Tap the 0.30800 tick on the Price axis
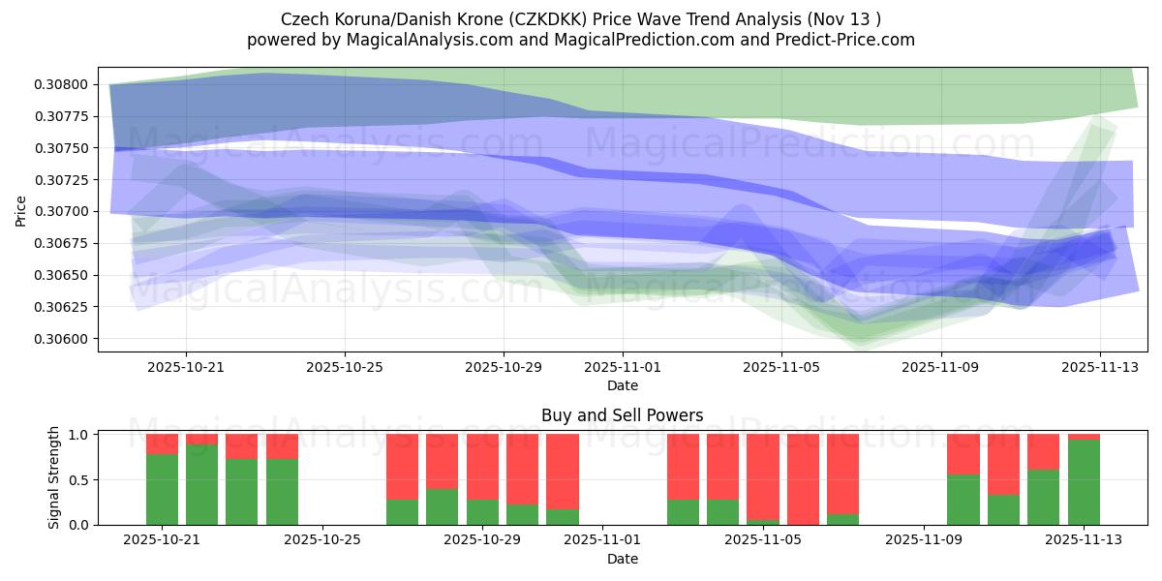(x=61, y=85)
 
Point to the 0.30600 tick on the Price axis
(x=61, y=339)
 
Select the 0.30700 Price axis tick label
(x=61, y=212)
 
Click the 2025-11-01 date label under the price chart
(x=623, y=368)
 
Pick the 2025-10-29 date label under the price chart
(x=503, y=368)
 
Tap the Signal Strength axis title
(x=54, y=477)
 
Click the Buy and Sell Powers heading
(x=622, y=415)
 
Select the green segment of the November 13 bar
(x=1084, y=482)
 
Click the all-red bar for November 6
(x=803, y=479)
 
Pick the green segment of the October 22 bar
(x=201, y=484)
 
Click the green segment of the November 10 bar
(x=963, y=500)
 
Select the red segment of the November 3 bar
(x=683, y=466)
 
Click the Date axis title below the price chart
(x=622, y=385)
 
